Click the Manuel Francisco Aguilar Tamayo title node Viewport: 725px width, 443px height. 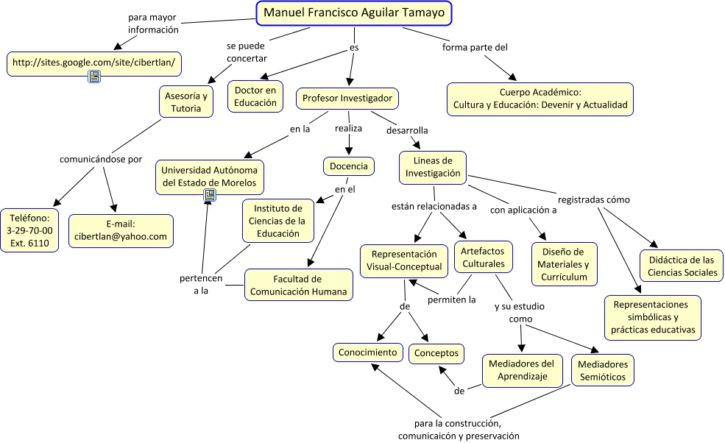(354, 13)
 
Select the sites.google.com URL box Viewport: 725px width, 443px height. (93, 62)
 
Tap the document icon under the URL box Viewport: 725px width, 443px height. (94, 77)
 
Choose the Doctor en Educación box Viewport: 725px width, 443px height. (255, 96)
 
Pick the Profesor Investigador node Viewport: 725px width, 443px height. (347, 98)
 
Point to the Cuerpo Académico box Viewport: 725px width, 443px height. (540, 99)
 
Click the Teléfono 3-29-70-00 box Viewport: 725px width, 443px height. (29, 230)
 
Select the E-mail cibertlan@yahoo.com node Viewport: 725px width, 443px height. (121, 230)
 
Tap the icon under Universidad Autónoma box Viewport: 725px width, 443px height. (210, 195)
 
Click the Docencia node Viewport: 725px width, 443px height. (348, 166)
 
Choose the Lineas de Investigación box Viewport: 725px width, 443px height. (433, 167)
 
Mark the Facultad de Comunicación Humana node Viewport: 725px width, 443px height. (297, 285)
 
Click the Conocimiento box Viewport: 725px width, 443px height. (368, 352)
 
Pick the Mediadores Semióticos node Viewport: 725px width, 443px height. (602, 370)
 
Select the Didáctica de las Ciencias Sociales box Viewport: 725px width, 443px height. (682, 266)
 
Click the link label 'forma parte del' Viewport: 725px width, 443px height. (475, 48)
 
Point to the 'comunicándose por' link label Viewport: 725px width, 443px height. (101, 159)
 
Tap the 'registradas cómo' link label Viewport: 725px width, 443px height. (593, 199)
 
